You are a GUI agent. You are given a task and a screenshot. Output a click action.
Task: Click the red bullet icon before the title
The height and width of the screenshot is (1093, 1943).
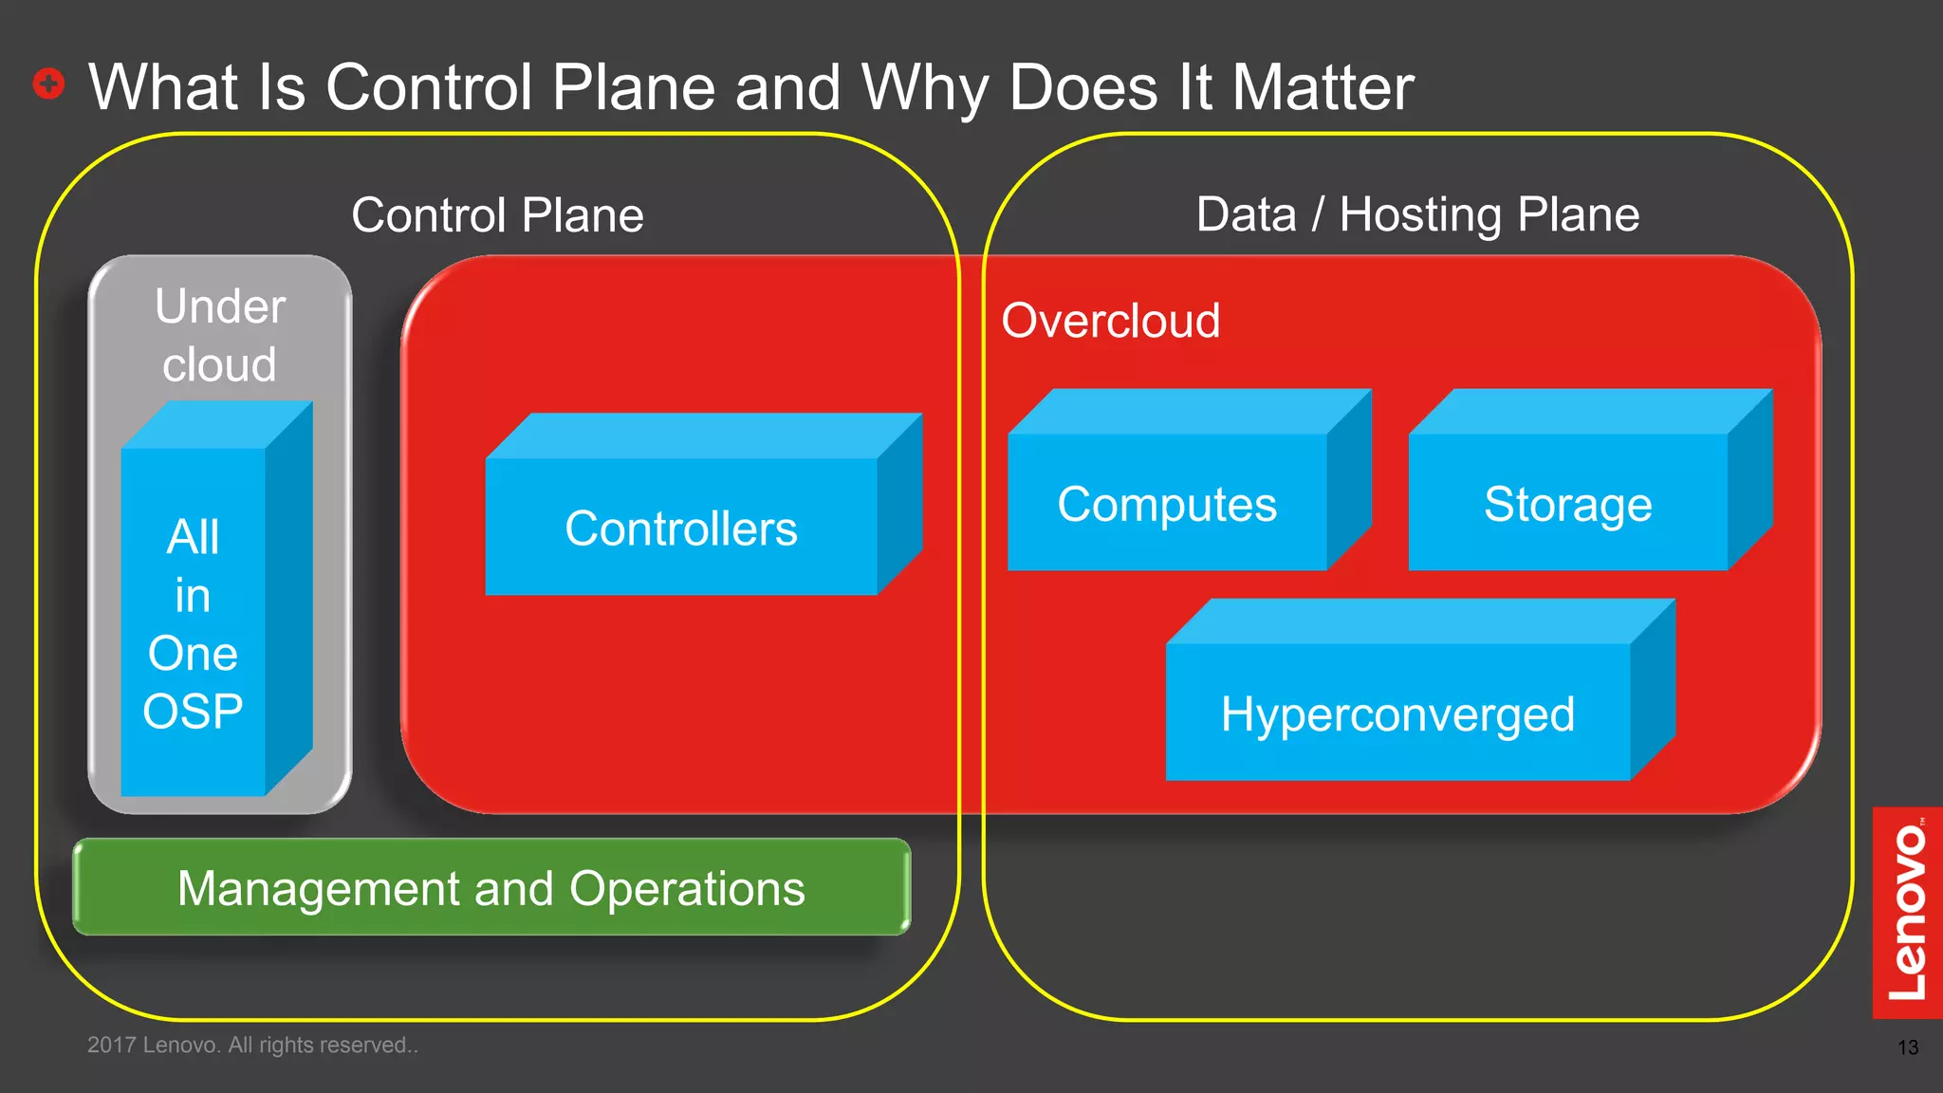point(48,83)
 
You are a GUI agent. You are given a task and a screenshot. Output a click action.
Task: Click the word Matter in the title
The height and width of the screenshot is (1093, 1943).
point(1322,87)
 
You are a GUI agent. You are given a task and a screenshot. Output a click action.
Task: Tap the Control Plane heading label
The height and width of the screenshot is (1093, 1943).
point(497,215)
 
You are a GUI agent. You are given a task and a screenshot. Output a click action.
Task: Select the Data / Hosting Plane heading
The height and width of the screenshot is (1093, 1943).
point(1417,215)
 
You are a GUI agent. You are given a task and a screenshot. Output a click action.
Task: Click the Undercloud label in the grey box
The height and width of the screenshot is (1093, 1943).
point(219,335)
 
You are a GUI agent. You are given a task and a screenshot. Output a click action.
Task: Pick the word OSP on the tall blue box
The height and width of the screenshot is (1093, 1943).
point(193,712)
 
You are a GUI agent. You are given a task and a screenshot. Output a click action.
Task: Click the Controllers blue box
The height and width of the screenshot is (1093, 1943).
point(680,528)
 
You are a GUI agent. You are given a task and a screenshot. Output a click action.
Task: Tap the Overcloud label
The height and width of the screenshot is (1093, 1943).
point(1110,321)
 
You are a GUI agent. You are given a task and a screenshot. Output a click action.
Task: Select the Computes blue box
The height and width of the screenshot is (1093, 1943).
point(1167,504)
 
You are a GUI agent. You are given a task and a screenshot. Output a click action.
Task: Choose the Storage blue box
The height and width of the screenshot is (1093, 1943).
point(1567,504)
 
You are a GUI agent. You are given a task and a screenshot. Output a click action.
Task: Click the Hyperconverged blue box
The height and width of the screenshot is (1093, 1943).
point(1397,713)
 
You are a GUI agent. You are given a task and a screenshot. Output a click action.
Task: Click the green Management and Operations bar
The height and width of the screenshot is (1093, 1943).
point(490,888)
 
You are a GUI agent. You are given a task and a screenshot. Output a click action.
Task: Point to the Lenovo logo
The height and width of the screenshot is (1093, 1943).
point(1907,912)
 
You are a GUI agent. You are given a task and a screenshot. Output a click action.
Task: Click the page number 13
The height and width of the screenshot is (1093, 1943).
point(1907,1047)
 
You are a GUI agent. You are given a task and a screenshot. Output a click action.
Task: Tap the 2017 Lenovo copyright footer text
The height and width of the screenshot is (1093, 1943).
point(252,1045)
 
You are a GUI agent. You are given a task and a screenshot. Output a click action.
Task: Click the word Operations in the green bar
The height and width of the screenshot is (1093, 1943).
point(687,889)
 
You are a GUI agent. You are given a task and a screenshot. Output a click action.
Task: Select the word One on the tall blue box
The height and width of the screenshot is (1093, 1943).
point(193,654)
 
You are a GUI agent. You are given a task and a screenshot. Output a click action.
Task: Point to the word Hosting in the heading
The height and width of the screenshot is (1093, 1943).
point(1420,215)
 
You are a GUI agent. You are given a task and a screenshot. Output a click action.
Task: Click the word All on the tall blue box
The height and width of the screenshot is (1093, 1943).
point(193,537)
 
